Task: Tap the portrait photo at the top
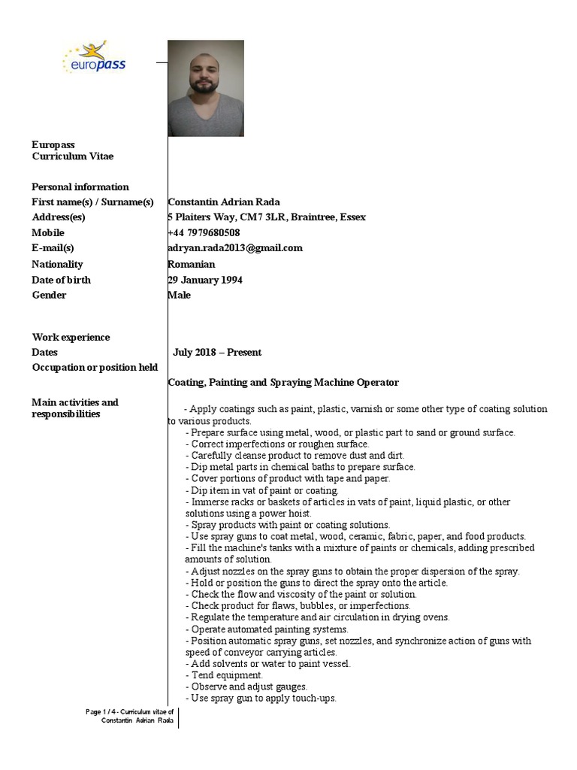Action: tap(205, 88)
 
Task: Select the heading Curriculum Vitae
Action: tap(73, 156)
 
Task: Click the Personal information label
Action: tap(80, 186)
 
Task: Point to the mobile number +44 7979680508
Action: tap(204, 232)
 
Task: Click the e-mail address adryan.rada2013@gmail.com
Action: tap(235, 247)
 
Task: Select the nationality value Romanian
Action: tap(192, 264)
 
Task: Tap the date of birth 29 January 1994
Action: tap(205, 280)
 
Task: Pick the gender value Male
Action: tap(180, 295)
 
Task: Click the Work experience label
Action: tap(71, 337)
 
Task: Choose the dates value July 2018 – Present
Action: tap(217, 352)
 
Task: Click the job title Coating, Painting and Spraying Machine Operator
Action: tap(283, 383)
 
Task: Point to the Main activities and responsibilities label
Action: tap(74, 408)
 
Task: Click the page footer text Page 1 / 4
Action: tap(130, 711)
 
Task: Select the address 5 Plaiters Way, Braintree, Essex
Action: tap(267, 217)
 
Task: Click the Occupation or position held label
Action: tap(95, 367)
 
